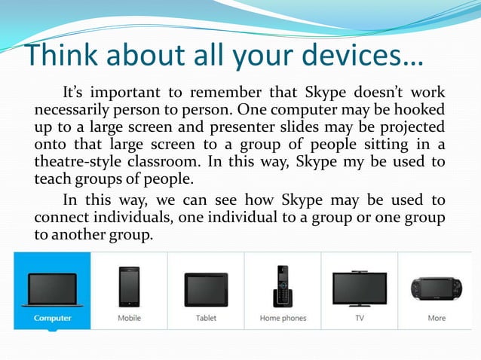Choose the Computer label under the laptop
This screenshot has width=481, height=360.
[52, 318]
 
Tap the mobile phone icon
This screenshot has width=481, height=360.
[129, 287]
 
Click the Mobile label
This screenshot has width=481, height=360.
[129, 318]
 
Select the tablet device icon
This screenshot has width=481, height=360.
[206, 289]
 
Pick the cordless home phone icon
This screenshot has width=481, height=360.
[282, 285]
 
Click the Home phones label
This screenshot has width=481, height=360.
[283, 318]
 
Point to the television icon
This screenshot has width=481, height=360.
[360, 288]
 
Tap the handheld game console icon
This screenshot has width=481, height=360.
[436, 289]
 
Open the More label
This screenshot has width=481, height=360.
[437, 318]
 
